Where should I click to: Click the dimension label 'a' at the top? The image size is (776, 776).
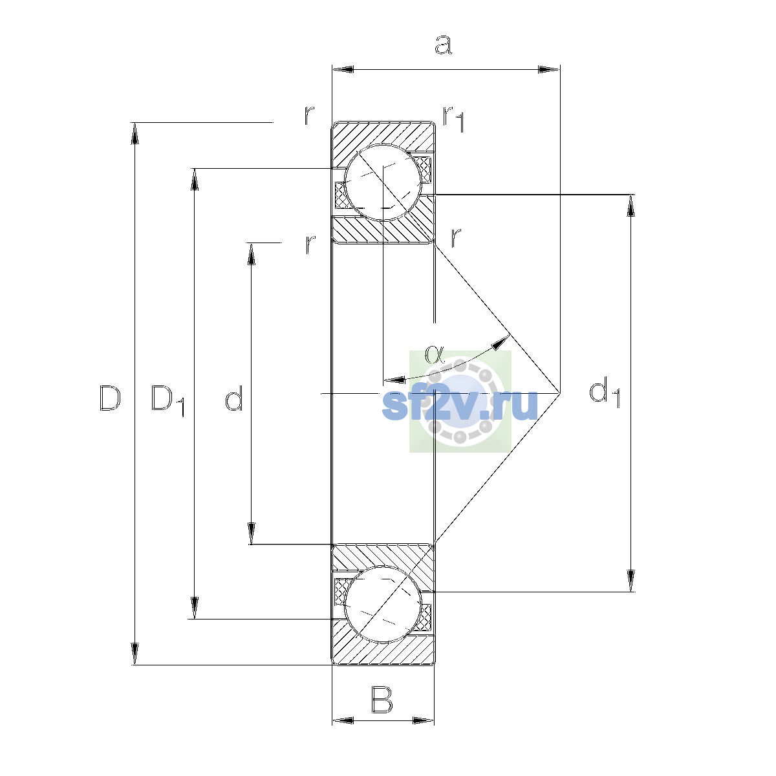tap(443, 45)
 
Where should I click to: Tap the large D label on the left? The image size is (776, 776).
tap(110, 398)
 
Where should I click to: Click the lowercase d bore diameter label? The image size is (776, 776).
tap(233, 398)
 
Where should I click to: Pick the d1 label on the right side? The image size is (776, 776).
tap(604, 392)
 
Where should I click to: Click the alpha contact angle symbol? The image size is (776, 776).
tap(435, 354)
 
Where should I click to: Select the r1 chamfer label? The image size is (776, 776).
tap(453, 119)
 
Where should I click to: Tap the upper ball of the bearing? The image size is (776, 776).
tap(383, 182)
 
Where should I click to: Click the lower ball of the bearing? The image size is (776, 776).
tap(383, 604)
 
